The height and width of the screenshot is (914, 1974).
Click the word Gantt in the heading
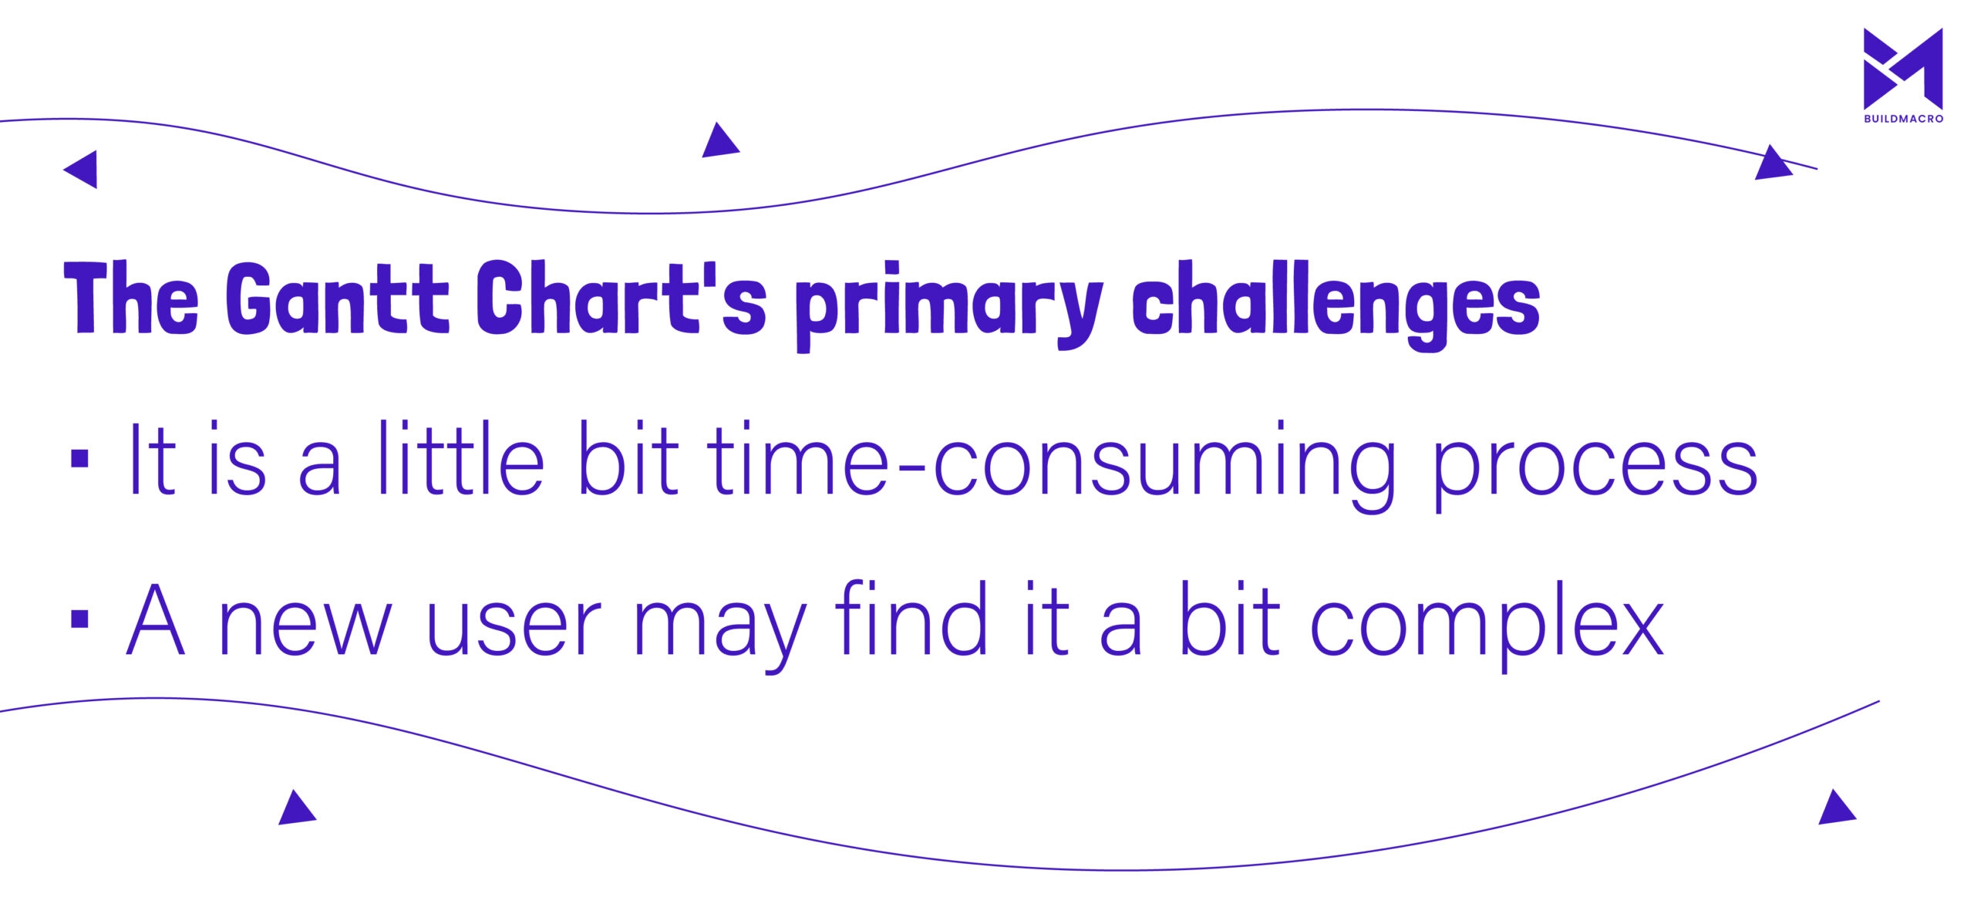pyautogui.click(x=337, y=298)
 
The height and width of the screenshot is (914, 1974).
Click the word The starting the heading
pyautogui.click(x=131, y=298)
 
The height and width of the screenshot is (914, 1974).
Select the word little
pyautogui.click(x=461, y=458)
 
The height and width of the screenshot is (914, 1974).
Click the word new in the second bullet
pyautogui.click(x=306, y=629)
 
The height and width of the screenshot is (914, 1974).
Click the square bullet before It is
pyautogui.click(x=80, y=460)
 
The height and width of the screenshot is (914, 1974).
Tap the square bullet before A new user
pyautogui.click(x=80, y=619)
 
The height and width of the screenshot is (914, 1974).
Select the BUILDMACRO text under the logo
pyautogui.click(x=1903, y=119)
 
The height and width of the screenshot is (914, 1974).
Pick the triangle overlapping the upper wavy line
pyautogui.click(x=1773, y=163)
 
